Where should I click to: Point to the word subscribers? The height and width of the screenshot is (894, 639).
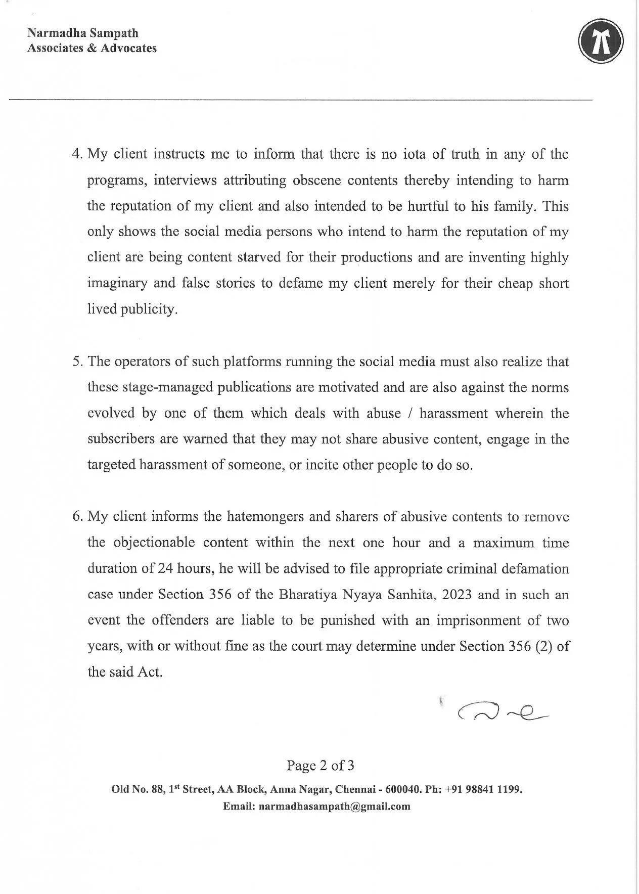pos(121,439)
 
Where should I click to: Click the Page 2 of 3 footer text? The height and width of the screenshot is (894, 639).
pos(320,766)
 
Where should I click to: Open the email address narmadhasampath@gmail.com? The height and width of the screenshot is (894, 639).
pos(334,807)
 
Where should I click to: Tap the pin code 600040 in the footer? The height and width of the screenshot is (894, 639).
pos(401,789)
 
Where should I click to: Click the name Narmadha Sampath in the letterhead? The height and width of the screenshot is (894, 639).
pos(82,33)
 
